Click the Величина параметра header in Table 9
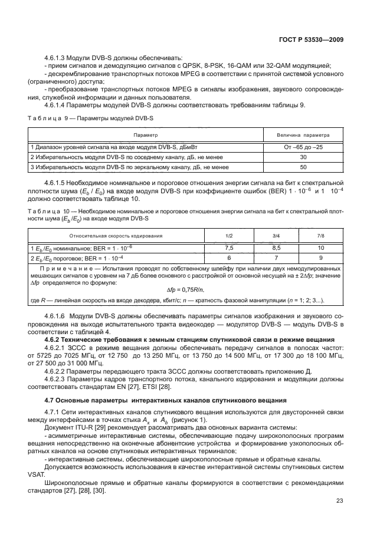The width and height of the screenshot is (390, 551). point(303,134)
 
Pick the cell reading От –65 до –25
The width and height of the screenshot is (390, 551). point(303,147)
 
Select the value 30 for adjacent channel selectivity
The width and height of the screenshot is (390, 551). point(303,157)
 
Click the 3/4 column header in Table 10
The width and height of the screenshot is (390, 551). point(276,236)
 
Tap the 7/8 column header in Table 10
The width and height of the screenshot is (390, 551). point(320,236)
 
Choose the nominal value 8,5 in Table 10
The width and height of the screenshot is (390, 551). point(276,248)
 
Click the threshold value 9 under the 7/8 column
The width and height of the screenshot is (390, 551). point(320,258)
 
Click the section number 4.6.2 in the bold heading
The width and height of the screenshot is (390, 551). point(55,340)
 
